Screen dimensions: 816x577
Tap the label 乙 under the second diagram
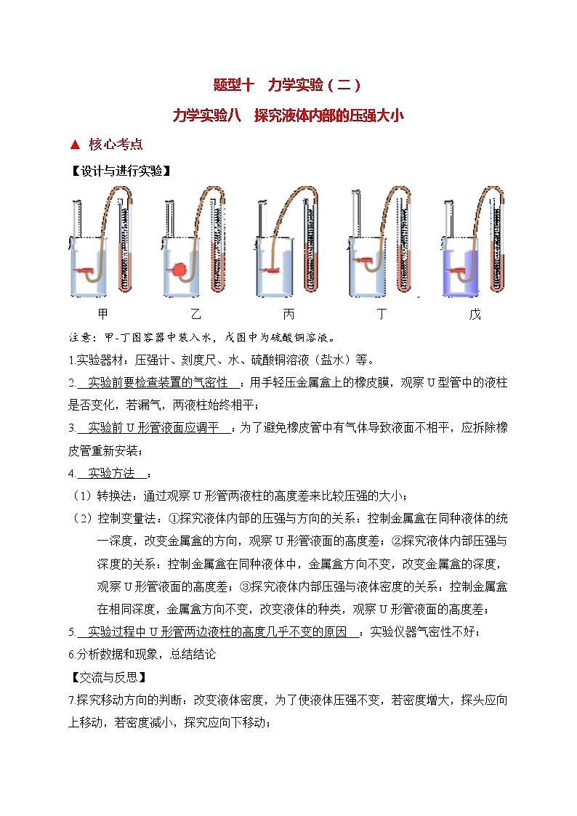point(195,315)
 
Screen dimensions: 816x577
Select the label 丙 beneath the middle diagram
point(288,315)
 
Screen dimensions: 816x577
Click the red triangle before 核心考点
point(74,144)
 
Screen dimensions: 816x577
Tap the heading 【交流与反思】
point(108,678)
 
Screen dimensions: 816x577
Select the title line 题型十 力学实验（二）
point(288,84)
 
